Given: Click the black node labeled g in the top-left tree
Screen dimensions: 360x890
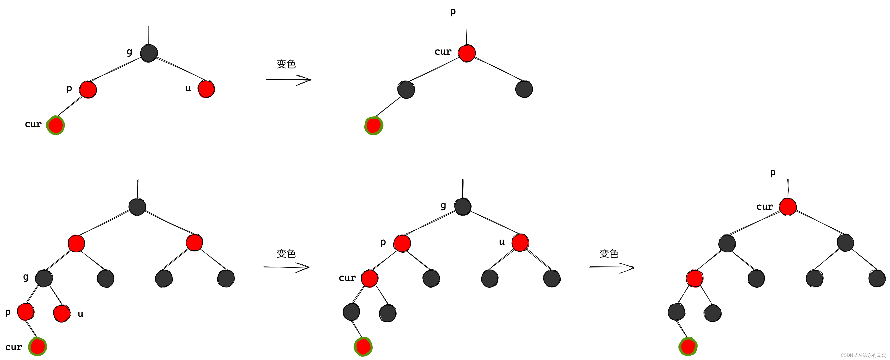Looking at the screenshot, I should [149, 53].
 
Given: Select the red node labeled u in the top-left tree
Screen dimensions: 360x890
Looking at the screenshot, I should [206, 89].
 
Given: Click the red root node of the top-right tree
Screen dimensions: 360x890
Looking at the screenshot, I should [467, 53].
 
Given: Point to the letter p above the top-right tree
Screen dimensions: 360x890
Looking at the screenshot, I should [453, 12].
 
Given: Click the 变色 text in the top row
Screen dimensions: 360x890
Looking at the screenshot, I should [286, 64].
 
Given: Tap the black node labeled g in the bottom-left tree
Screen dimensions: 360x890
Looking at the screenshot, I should [44, 278].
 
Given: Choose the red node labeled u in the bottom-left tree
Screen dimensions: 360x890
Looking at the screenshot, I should [62, 313].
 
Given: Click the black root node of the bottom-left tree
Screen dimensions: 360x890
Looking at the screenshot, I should [137, 207].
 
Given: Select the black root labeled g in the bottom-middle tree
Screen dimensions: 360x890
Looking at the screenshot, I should [463, 207].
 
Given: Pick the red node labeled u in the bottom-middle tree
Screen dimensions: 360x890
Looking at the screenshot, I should [520, 243].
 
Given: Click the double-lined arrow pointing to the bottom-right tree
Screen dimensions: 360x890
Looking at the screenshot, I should [612, 267].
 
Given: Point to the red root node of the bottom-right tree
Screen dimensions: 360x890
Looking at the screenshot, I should [788, 207].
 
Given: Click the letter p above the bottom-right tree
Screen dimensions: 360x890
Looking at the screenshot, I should [773, 172].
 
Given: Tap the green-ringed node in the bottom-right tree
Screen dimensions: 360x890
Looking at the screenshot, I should [688, 347].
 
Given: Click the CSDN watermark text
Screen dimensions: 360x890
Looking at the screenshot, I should [863, 355].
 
